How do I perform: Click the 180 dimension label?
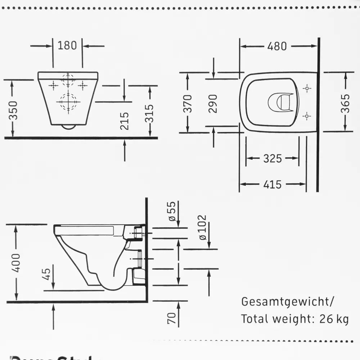click(67, 46)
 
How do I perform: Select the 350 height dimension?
click(13, 111)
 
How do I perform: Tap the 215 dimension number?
click(125, 121)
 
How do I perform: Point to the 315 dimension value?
click(150, 113)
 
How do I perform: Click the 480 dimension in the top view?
click(277, 46)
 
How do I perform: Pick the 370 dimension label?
click(188, 104)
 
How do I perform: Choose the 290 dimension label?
click(213, 104)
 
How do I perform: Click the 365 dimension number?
click(345, 103)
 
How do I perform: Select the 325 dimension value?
click(272, 158)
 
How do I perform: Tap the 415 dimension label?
click(272, 185)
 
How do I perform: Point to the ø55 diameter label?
click(172, 211)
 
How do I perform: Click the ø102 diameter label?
click(203, 228)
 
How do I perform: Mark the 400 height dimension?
click(17, 262)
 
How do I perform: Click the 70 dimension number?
click(172, 318)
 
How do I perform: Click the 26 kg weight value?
click(334, 319)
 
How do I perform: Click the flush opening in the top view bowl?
click(280, 102)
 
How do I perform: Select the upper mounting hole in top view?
click(307, 88)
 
